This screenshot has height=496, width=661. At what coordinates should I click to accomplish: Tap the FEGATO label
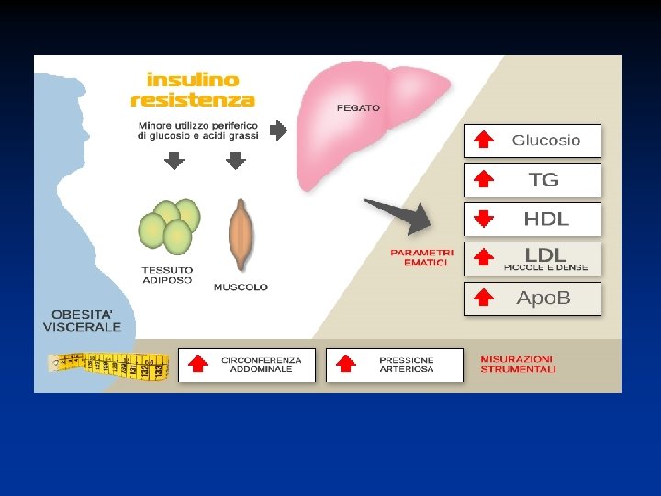tap(358, 107)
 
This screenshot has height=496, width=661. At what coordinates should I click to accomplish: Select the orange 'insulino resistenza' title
tap(192, 90)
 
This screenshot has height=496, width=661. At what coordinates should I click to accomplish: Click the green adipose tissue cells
tap(169, 227)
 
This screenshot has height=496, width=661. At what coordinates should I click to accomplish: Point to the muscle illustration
tap(241, 234)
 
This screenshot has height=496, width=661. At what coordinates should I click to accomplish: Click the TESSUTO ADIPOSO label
tap(167, 275)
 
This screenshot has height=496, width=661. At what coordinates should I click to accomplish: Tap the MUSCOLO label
tap(241, 287)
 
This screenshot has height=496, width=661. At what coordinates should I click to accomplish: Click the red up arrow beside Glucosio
tap(483, 141)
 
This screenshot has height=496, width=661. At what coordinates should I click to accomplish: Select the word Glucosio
tap(546, 141)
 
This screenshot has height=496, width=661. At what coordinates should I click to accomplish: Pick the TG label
tap(543, 180)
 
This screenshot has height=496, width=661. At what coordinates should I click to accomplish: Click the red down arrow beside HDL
tap(483, 220)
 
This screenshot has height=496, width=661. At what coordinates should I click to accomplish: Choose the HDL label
tap(546, 220)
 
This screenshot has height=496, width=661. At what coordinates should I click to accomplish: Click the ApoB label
tap(543, 299)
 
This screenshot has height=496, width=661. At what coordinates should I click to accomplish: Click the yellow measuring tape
tap(108, 366)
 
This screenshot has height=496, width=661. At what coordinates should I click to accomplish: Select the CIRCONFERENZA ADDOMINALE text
tap(257, 365)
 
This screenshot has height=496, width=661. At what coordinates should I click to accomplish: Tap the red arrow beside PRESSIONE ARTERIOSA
tap(346, 365)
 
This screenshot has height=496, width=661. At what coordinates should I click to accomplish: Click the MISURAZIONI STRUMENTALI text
tap(518, 365)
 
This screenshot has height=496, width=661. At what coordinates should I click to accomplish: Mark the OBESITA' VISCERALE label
tap(82, 321)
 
